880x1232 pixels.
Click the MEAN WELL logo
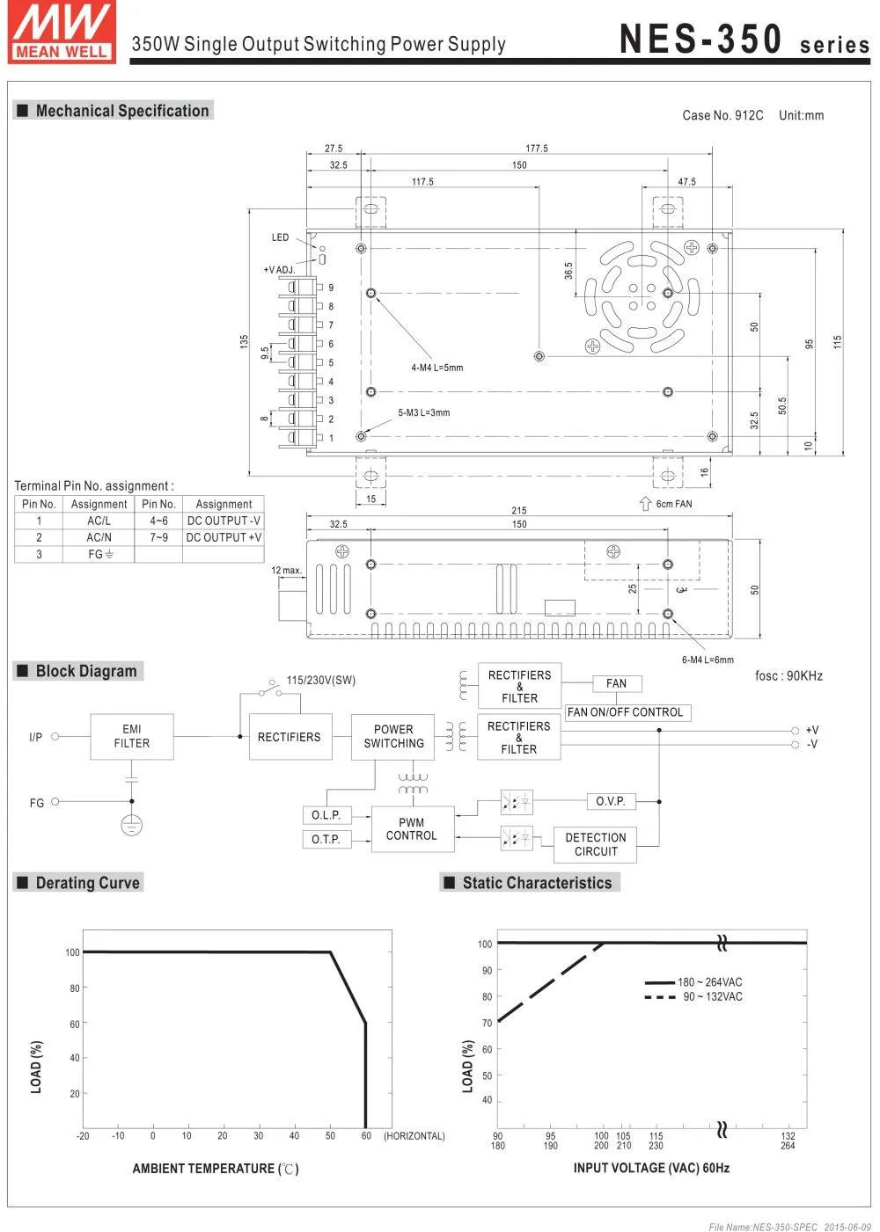point(62,33)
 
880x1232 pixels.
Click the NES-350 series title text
point(744,40)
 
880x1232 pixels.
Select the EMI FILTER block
point(132,736)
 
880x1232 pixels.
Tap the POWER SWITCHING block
point(392,736)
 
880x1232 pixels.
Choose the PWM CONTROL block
point(412,829)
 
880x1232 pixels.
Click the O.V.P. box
point(611,801)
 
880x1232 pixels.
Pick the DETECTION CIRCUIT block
point(595,844)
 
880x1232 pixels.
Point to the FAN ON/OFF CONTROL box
point(625,712)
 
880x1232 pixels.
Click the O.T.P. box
point(326,839)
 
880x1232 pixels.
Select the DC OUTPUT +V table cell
point(224,537)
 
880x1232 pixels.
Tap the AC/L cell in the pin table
point(99,521)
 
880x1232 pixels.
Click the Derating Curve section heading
point(87,883)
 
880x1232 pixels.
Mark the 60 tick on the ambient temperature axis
point(366,1135)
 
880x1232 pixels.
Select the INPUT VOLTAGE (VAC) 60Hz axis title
point(651,1168)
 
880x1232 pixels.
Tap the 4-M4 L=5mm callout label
point(436,368)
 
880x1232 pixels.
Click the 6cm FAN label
point(673,504)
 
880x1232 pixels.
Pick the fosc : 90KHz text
point(788,675)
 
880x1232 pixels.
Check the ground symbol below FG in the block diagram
point(131,825)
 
